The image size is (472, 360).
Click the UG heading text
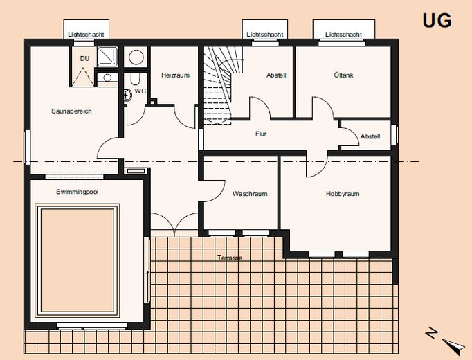click(x=437, y=21)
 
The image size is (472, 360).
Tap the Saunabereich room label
click(x=71, y=111)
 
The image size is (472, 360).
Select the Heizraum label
click(x=176, y=75)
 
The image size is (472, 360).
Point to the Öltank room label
click(x=343, y=75)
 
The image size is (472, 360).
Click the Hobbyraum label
click(x=343, y=194)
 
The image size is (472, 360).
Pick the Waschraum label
click(x=250, y=194)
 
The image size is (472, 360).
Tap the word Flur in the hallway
click(x=261, y=134)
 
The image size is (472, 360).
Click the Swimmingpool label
click(x=77, y=192)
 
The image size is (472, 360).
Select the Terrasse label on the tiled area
click(x=230, y=258)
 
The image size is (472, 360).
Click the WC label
click(x=140, y=91)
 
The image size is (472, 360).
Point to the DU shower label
click(x=84, y=58)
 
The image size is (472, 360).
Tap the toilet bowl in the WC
click(x=135, y=78)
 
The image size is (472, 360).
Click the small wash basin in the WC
click(x=128, y=95)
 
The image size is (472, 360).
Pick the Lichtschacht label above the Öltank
click(x=343, y=35)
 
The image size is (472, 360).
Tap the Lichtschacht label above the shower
click(x=86, y=35)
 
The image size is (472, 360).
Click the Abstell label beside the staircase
click(x=276, y=75)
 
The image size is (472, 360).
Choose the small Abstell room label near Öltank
click(x=370, y=136)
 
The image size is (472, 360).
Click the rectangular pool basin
click(x=78, y=261)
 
